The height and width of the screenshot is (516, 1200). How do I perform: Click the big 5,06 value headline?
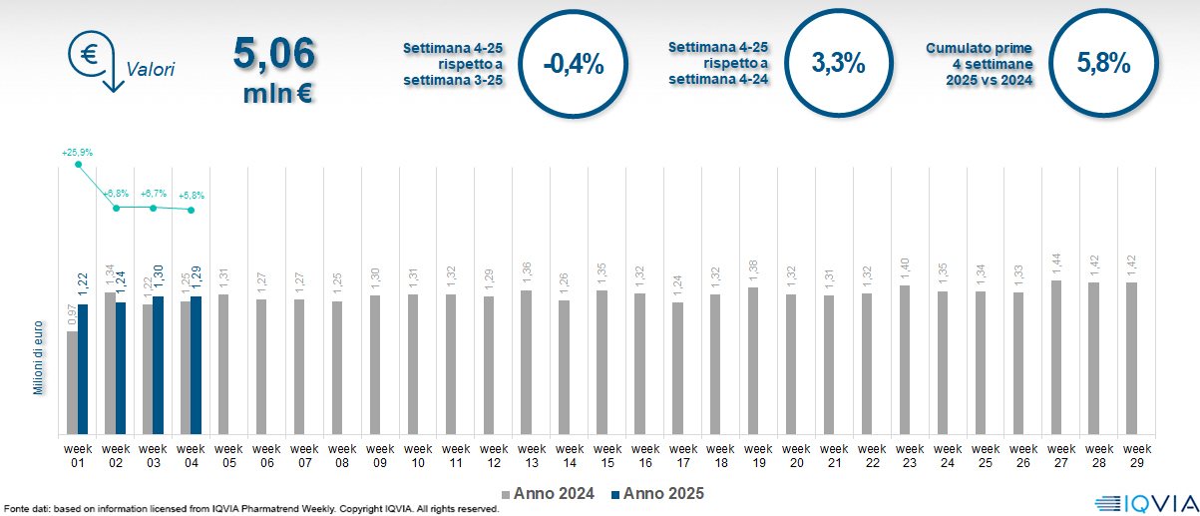click(273, 54)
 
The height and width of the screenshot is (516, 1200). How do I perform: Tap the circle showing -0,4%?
click(574, 64)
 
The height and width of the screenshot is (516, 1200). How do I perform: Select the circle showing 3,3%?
click(838, 64)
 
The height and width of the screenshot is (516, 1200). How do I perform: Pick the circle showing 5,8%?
click(1103, 64)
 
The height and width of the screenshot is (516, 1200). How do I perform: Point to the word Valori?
click(151, 71)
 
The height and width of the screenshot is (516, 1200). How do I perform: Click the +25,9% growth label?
click(77, 153)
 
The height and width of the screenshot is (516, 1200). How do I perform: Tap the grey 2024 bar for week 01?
click(72, 382)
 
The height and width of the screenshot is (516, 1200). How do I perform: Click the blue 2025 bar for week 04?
click(197, 365)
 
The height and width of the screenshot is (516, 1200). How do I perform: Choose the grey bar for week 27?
click(1055, 357)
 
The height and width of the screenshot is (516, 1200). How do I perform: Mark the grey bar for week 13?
click(526, 362)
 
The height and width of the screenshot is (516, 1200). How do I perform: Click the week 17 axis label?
click(683, 455)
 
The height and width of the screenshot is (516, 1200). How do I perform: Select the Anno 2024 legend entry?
click(549, 494)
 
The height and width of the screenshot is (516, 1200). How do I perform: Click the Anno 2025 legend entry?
click(657, 494)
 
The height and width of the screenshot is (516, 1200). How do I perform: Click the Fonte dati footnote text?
click(249, 509)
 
